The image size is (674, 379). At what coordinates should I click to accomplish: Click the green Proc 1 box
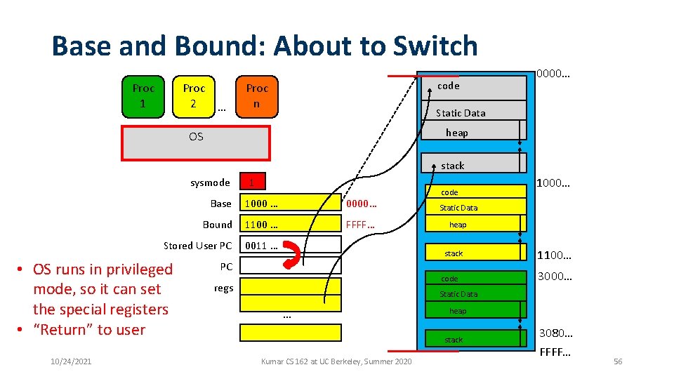pyautogui.click(x=143, y=96)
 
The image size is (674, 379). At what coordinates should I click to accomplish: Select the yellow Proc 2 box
pyautogui.click(x=194, y=96)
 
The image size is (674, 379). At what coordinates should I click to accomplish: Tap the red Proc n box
pyautogui.click(x=256, y=96)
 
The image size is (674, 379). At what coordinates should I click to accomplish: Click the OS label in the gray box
pyautogui.click(x=196, y=137)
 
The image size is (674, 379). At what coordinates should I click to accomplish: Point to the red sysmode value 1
pyautogui.click(x=251, y=183)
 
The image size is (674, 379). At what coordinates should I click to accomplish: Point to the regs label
pyautogui.click(x=223, y=288)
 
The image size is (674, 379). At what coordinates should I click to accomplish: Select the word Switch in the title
pyautogui.click(x=435, y=46)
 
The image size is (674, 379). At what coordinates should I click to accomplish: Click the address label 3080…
pyautogui.click(x=555, y=332)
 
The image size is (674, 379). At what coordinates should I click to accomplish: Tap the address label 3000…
pyautogui.click(x=555, y=277)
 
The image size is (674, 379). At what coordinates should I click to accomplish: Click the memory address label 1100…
pyautogui.click(x=555, y=256)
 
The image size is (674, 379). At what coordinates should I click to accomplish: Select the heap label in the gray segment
pyautogui.click(x=457, y=133)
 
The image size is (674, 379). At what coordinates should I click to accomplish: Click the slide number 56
pyautogui.click(x=618, y=361)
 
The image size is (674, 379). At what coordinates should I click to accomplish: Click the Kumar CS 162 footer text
pyautogui.click(x=336, y=361)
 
